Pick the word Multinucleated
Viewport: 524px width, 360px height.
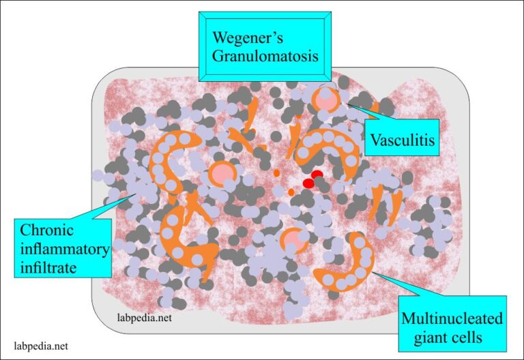point(452,318)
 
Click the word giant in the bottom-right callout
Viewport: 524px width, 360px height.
point(424,337)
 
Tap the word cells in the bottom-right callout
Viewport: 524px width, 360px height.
point(465,337)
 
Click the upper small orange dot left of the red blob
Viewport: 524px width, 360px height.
point(277,173)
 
